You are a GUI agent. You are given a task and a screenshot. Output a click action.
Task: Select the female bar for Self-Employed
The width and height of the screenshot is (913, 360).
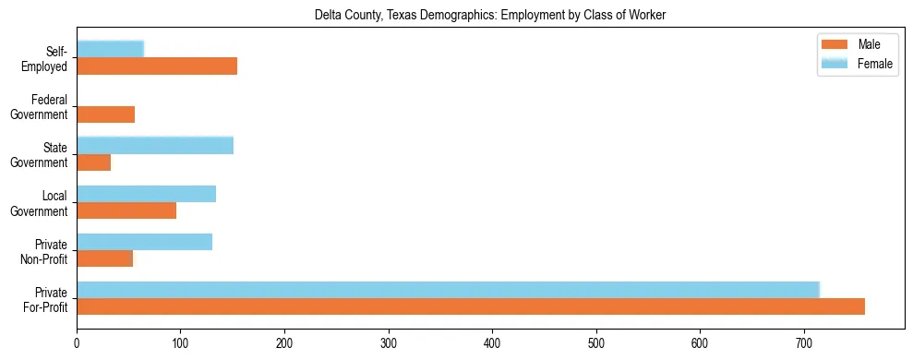point(110,49)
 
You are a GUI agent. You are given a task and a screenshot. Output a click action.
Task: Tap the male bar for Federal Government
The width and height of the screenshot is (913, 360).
point(105,114)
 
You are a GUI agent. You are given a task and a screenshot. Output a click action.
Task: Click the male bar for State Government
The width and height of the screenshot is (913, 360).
point(93,162)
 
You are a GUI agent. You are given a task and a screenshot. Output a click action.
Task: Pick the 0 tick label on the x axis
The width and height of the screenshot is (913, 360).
point(77,343)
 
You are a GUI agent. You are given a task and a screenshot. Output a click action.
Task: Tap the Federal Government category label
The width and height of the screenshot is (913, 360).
point(39,107)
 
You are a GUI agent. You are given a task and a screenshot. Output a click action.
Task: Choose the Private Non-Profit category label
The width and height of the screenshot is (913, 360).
point(46,251)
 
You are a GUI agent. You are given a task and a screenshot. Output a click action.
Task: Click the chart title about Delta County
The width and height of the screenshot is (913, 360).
point(490,15)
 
